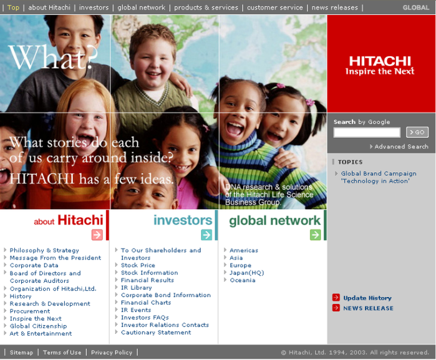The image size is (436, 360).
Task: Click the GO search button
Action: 417,132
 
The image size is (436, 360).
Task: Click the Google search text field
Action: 367,132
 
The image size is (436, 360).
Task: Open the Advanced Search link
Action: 401,147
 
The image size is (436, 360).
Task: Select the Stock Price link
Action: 138,265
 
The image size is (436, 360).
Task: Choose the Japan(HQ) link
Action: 246,273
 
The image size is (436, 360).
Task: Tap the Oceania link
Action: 243,280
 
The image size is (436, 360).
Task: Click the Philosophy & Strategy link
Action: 44,250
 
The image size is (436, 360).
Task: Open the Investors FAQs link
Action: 145,318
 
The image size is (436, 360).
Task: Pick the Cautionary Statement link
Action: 156,333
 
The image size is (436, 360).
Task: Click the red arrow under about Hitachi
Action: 97,235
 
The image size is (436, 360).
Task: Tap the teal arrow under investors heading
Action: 206,235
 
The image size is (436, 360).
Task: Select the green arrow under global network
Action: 316,235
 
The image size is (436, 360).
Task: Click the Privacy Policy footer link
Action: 112,353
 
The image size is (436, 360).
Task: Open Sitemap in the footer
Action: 21,353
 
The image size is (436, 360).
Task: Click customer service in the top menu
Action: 275,7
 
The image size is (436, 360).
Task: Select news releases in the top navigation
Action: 335,7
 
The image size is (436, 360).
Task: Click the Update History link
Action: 367,298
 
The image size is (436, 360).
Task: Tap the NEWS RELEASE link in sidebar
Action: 368,308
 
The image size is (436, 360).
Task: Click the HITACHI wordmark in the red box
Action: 380,61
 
